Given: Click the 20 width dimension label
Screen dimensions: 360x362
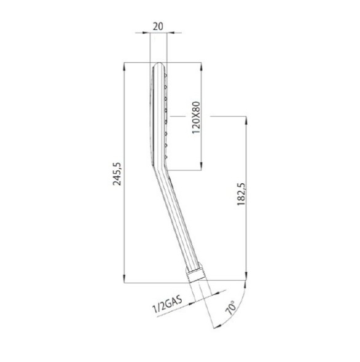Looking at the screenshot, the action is point(158,26).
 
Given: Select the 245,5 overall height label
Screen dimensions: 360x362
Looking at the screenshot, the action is point(117,174).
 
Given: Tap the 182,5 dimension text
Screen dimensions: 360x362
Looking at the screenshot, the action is point(241,194).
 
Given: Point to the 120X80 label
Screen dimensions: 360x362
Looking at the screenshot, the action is point(196,117).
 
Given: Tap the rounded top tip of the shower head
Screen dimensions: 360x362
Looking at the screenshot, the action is point(159,64).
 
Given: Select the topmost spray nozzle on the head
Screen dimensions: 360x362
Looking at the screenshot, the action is point(165,75).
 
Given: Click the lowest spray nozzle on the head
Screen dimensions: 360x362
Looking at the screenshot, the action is point(165,157).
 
